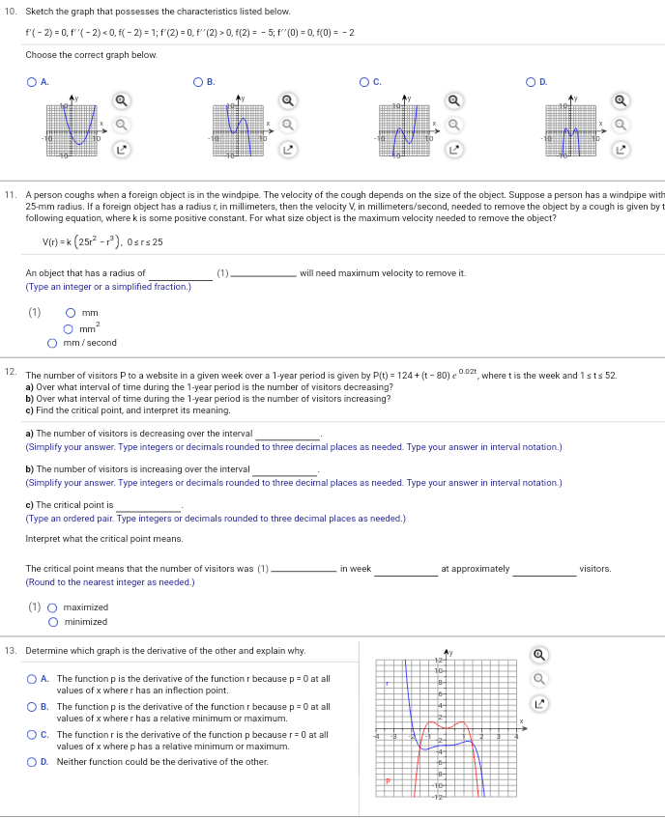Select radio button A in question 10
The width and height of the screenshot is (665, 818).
[31, 82]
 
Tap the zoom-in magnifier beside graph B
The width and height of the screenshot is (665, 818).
[287, 99]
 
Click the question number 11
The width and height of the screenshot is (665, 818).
[12, 194]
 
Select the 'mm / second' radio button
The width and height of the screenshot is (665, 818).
[53, 343]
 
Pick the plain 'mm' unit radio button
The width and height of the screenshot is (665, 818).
[71, 313]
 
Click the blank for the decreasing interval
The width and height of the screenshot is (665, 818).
[287, 435]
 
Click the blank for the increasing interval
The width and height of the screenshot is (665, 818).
[284, 469]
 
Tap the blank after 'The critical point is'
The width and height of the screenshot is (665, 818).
[149, 505]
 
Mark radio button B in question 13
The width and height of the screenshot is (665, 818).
[33, 707]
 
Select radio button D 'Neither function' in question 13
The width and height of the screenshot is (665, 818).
[33, 762]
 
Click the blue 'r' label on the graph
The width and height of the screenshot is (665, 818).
[387, 683]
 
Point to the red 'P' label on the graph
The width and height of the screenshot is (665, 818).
[389, 780]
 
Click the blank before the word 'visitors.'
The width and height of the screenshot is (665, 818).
[544, 569]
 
